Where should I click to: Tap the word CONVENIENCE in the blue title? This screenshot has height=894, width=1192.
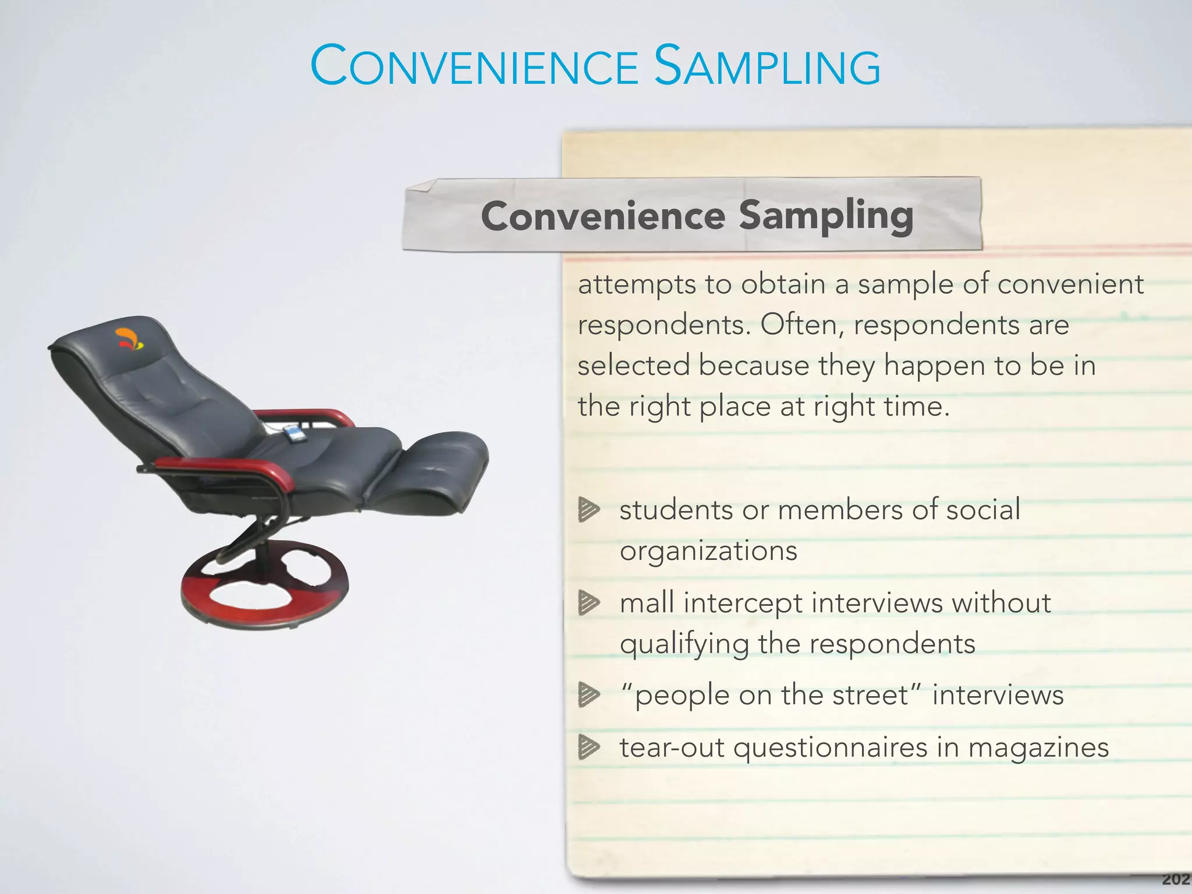tap(475, 68)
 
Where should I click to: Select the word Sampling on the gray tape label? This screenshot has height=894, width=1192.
tap(826, 215)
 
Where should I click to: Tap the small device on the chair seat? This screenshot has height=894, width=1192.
tap(294, 434)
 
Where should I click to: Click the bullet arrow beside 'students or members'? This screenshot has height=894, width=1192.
tap(588, 510)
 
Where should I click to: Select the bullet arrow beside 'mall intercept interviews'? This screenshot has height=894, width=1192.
tap(588, 602)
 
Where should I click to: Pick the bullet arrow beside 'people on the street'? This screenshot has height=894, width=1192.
tap(588, 694)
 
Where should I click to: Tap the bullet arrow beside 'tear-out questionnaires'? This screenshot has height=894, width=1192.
tap(588, 747)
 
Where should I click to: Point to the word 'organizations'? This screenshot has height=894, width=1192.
tap(708, 551)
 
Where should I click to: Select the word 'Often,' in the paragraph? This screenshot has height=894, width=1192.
tap(802, 325)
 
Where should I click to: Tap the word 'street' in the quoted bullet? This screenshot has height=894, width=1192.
tap(871, 695)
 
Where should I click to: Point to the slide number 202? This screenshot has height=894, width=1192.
tap(1176, 879)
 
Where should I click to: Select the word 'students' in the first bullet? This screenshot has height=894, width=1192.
tap(676, 510)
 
